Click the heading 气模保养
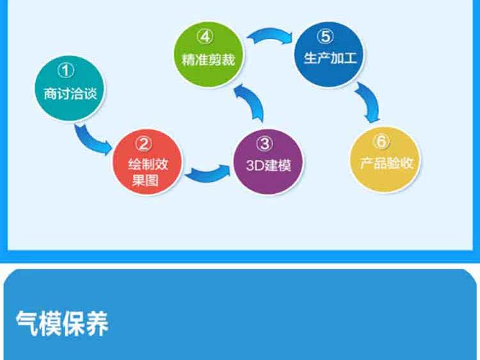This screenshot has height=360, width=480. (x=63, y=324)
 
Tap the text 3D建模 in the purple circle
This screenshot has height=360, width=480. (x=269, y=164)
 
